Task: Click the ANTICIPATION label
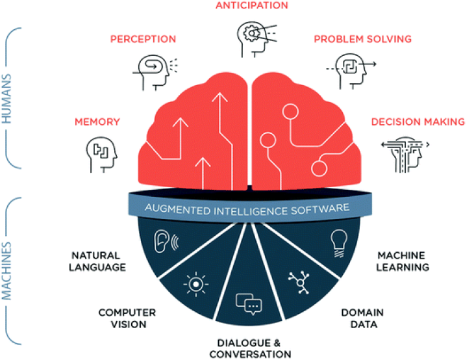click(253, 6)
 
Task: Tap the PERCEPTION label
click(143, 39)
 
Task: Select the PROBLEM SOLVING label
click(362, 39)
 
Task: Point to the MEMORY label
click(97, 122)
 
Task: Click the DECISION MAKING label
click(418, 122)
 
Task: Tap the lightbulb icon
click(338, 242)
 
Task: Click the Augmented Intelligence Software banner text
click(247, 209)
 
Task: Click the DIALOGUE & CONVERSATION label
click(249, 348)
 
